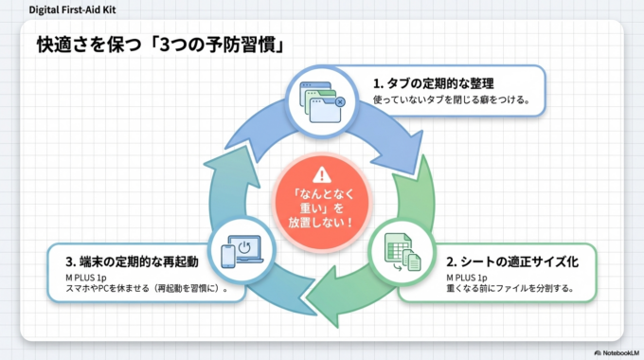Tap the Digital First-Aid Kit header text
tap(67, 9)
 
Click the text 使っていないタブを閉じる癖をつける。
tap(451, 99)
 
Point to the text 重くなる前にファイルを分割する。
tap(509, 288)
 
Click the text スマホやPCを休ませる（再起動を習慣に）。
tap(143, 288)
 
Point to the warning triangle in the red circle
tap(323, 174)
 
